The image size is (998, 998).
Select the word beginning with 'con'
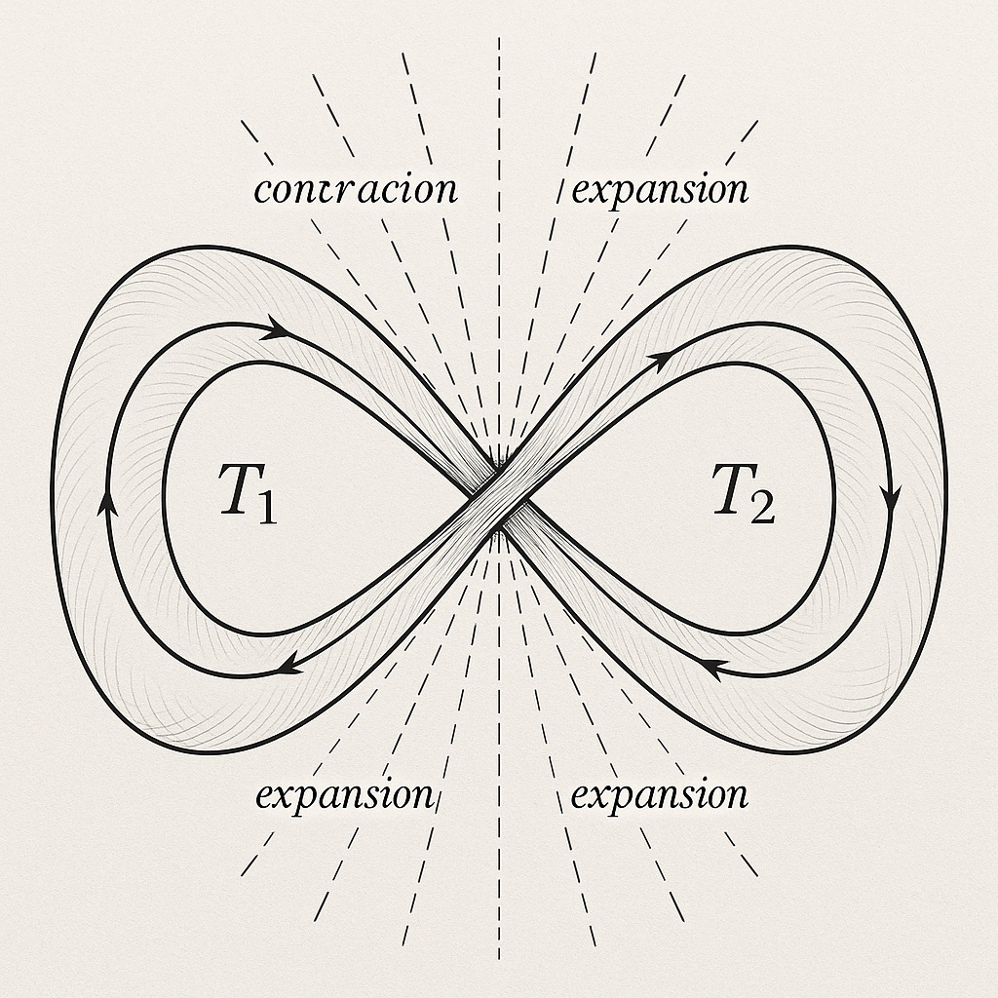(355, 189)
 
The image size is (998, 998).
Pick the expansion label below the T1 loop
(344, 795)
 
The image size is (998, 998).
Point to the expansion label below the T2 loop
(660, 795)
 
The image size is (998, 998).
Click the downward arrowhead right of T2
(889, 500)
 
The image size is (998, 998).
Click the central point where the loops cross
(499, 499)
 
